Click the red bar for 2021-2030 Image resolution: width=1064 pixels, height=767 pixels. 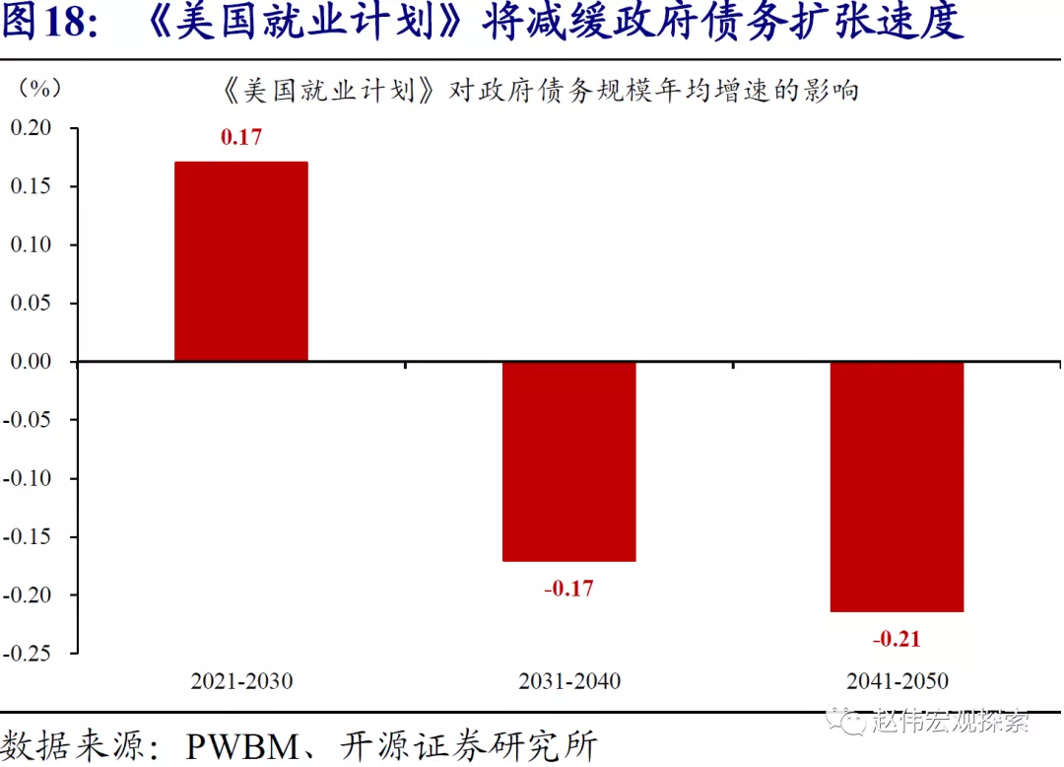point(241,261)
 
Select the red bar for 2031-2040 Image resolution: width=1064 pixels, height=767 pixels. point(569,461)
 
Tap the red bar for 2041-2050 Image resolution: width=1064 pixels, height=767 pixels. point(897,486)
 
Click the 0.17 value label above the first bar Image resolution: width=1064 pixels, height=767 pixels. point(241,137)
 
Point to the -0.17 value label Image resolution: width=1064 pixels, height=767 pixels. point(569,589)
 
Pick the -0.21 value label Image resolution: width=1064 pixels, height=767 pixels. point(897,639)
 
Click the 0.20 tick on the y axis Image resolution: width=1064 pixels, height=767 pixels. point(31,128)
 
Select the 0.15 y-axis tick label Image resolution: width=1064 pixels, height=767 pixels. point(31,186)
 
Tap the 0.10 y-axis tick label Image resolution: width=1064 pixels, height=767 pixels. point(31,244)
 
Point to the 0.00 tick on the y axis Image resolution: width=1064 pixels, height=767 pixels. point(31,362)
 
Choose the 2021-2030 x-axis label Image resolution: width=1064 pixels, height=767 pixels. point(241,681)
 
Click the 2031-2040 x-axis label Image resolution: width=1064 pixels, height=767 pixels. point(569,681)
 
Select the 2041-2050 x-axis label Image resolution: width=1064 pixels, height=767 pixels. point(897,681)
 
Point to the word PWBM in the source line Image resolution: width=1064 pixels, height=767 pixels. point(242,744)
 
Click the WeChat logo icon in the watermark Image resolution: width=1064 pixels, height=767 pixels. point(844,721)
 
